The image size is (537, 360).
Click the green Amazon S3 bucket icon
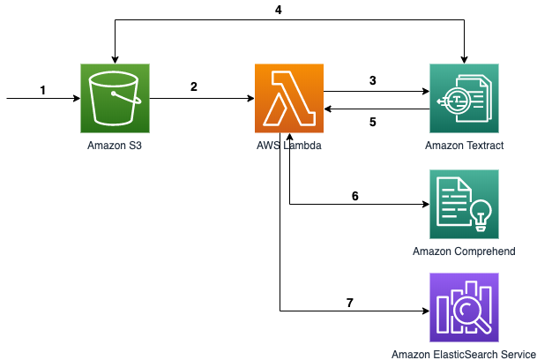point(115,98)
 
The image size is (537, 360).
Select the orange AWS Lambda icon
point(289,98)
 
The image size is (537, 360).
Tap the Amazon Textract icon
point(464,98)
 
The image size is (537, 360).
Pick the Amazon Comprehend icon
point(464,204)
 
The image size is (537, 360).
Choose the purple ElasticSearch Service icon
point(464,308)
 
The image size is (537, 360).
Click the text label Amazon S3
point(115,146)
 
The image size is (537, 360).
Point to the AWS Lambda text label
point(289,146)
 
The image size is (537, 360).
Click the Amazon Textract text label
point(464,146)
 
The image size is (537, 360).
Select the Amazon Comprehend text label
point(464,251)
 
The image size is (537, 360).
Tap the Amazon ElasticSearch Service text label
point(464,354)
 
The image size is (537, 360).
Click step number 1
point(43,90)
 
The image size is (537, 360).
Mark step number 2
point(194,86)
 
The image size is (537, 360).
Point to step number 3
point(373,80)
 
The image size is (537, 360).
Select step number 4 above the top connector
point(278,10)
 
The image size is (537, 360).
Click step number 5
point(373,122)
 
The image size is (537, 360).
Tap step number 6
point(355,196)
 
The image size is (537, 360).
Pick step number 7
point(350,303)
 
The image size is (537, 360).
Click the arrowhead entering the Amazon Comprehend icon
point(427,205)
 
